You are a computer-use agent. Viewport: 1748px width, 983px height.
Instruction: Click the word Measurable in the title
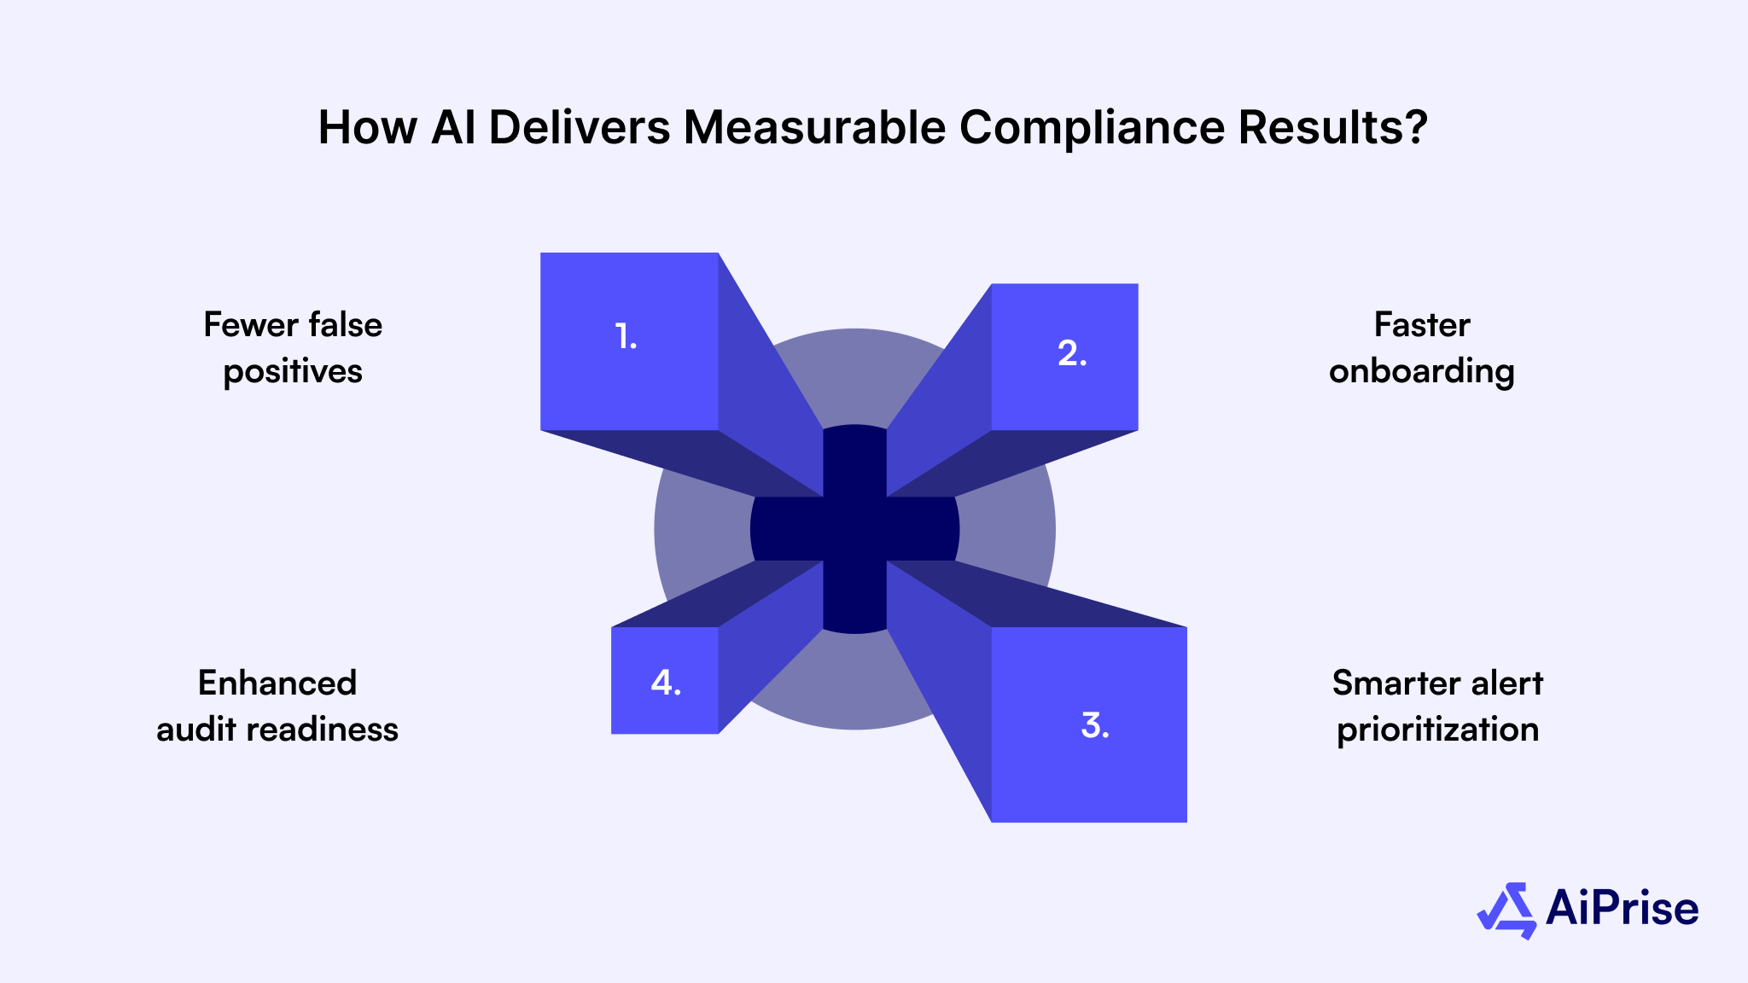pyautogui.click(x=814, y=128)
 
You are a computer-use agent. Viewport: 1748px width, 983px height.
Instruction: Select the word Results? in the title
pyautogui.click(x=1332, y=128)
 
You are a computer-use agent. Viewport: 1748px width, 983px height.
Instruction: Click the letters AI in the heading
pyautogui.click(x=453, y=128)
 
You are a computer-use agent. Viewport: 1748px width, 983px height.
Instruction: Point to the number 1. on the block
pyautogui.click(x=626, y=337)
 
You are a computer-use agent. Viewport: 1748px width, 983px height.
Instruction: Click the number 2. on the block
pyautogui.click(x=1072, y=353)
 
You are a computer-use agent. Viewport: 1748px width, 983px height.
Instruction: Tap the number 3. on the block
pyautogui.click(x=1095, y=725)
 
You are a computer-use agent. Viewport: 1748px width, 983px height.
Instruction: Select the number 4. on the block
pyautogui.click(x=666, y=683)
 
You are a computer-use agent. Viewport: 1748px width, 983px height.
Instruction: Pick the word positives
pyautogui.click(x=293, y=372)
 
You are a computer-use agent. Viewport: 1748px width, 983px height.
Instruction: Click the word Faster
pyautogui.click(x=1422, y=325)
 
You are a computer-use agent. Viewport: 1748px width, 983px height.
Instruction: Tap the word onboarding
pyautogui.click(x=1422, y=372)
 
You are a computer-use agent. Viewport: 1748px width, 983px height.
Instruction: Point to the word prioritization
pyautogui.click(x=1438, y=730)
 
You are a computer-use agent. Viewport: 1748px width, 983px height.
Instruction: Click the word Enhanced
pyautogui.click(x=277, y=683)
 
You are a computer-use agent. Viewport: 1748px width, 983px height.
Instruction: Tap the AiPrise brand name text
pyautogui.click(x=1622, y=908)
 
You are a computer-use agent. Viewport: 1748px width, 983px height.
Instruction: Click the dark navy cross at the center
pyautogui.click(x=854, y=529)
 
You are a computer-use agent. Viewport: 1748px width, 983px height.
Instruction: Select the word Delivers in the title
pyautogui.click(x=580, y=128)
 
